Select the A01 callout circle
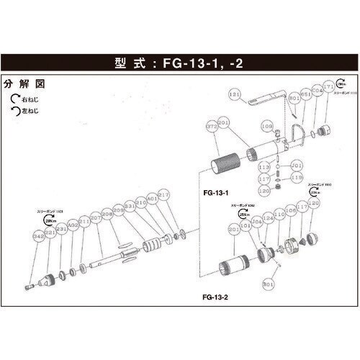pos(151,199)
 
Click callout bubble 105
pos(292,210)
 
